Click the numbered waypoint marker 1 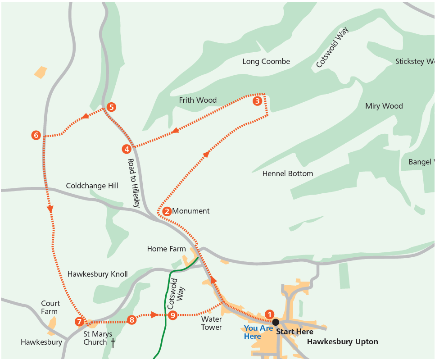tap(269, 314)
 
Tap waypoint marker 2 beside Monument tap(167, 211)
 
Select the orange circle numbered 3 tap(257, 101)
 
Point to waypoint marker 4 tap(127, 149)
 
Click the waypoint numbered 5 tap(111, 107)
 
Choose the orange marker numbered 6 tap(36, 135)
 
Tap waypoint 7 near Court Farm tap(79, 322)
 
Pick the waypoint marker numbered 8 tap(131, 320)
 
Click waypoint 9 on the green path tap(172, 315)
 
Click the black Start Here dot tap(276, 322)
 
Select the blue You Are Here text tap(258, 332)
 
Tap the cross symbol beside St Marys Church tap(113, 343)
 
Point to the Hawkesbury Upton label tap(342, 342)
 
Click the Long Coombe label tap(266, 61)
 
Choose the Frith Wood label tap(198, 100)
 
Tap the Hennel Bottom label tap(287, 173)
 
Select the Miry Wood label tap(384, 106)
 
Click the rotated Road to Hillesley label tap(131, 183)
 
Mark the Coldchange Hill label tap(92, 186)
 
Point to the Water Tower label tap(211, 323)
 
